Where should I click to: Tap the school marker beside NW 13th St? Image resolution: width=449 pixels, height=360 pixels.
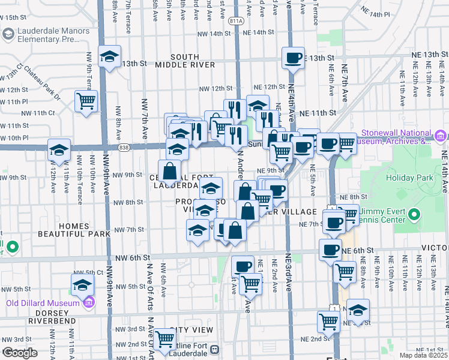pos(109,57)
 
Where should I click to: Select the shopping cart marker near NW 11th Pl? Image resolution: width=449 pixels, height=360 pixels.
pos(86,100)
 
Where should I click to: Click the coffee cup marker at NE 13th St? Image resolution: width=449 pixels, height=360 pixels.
pos(293,58)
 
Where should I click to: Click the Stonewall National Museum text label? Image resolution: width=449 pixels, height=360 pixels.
pos(396,137)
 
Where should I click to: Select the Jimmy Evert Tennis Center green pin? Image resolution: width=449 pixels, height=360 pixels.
pos(414,214)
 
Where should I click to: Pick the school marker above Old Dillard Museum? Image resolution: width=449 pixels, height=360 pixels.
pos(83,285)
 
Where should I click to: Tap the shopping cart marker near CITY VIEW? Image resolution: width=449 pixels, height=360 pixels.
pos(164,338)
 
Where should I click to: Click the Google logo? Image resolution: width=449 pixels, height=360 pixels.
pos(20,353)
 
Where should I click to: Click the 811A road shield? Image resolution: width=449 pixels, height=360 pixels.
pos(237,20)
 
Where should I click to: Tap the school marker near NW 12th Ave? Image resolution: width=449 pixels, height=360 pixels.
pos(59,149)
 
